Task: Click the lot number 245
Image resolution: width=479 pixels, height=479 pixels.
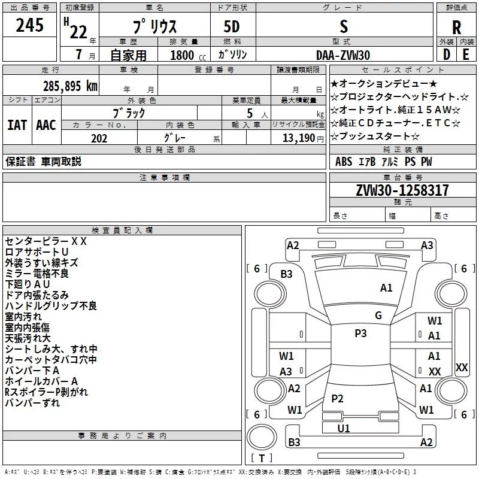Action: tap(29, 26)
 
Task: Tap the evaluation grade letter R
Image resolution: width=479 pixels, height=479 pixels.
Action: tap(456, 28)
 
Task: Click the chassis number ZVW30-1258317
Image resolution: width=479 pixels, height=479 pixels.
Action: tap(402, 190)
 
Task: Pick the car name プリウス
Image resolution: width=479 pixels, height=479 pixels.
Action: tap(153, 27)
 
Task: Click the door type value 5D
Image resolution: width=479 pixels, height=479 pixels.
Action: tap(232, 27)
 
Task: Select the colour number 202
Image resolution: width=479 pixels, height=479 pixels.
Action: tap(99, 138)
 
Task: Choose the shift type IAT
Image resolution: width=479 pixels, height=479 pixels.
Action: tap(17, 125)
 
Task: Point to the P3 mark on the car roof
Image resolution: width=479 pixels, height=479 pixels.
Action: tap(360, 334)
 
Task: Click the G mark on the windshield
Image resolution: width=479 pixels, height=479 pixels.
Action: tap(378, 315)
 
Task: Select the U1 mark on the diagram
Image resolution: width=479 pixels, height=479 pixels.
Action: tap(343, 428)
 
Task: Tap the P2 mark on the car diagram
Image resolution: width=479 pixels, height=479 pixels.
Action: tap(337, 399)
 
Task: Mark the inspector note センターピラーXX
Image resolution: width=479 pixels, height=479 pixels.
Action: tap(46, 241)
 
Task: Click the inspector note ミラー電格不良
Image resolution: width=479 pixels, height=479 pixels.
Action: tap(37, 273)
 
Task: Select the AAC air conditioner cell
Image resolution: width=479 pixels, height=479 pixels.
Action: tap(46, 125)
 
